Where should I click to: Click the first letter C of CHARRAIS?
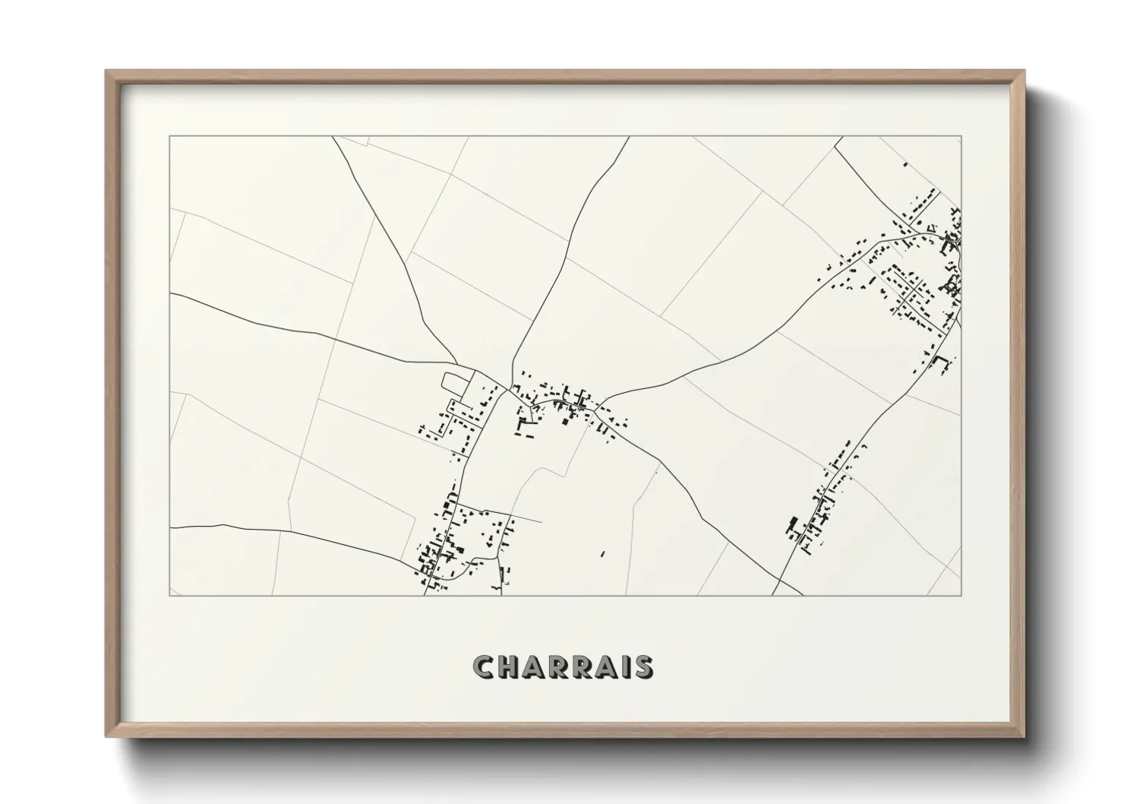coord(484,667)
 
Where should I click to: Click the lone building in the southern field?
coord(603,554)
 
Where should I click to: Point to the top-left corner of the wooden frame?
coord(106,71)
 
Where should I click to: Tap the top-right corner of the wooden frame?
coord(1024,71)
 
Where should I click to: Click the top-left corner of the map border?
coord(169,136)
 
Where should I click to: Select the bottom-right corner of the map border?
coord(961,595)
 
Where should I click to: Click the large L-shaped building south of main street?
coord(523,426)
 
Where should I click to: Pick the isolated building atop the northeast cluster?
coord(904,163)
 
